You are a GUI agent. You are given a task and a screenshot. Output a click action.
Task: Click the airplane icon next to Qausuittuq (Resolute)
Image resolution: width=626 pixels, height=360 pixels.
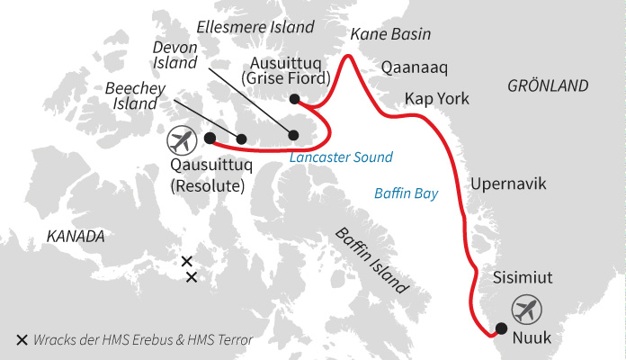click(x=183, y=142)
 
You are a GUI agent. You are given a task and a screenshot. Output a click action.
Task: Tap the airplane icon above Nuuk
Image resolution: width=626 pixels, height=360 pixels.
click(x=526, y=310)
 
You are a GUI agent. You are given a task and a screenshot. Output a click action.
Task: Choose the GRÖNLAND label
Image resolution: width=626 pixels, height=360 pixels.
click(x=548, y=85)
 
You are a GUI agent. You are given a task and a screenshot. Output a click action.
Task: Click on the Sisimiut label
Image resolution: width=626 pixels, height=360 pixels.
click(x=523, y=279)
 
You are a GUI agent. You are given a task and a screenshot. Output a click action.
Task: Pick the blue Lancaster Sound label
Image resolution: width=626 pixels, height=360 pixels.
click(x=342, y=157)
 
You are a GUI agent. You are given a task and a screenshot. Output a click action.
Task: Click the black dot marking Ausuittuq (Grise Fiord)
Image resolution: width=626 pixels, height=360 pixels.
click(x=293, y=99)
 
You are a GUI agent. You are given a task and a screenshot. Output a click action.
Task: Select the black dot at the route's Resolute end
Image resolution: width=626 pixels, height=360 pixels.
click(x=210, y=139)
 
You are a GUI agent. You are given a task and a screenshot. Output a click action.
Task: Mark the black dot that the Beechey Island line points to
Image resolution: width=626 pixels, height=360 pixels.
click(x=242, y=139)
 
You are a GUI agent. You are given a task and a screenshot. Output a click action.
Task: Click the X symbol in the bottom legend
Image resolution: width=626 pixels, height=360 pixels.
click(x=22, y=340)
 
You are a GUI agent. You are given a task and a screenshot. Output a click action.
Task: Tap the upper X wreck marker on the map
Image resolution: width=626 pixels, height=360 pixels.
click(x=186, y=262)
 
